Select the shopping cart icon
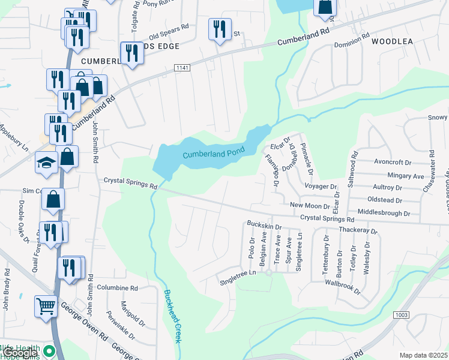46,306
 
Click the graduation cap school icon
46,163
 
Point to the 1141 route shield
182,68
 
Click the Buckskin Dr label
264,223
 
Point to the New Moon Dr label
310,206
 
